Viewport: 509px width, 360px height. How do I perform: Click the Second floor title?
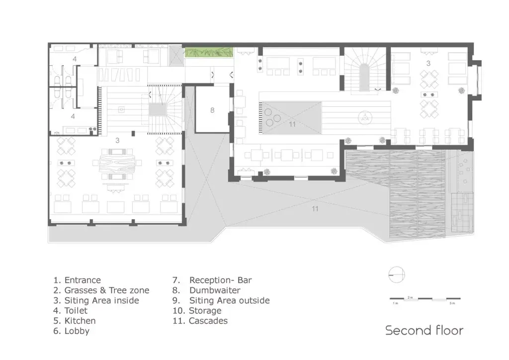(x=424, y=331)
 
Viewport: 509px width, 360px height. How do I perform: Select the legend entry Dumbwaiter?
(x=206, y=290)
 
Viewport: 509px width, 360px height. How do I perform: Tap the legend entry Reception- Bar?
(x=212, y=280)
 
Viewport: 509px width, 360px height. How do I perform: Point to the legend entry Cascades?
(x=200, y=321)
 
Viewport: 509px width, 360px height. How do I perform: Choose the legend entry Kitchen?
(x=75, y=321)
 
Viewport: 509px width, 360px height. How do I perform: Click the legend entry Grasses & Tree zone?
(x=101, y=290)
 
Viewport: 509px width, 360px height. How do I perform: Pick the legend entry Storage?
(x=197, y=311)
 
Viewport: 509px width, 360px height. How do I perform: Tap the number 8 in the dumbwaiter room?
(x=212, y=110)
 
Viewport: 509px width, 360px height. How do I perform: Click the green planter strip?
(x=209, y=52)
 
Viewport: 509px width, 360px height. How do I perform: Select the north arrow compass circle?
(x=397, y=275)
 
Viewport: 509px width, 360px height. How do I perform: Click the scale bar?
(x=425, y=298)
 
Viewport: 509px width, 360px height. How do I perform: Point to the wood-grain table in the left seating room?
(x=117, y=165)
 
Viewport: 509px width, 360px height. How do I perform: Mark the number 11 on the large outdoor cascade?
(x=315, y=209)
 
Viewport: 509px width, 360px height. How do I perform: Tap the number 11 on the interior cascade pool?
(x=292, y=124)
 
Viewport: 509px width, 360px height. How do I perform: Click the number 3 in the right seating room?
(x=428, y=63)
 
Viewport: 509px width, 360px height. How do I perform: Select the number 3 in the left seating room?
(x=117, y=140)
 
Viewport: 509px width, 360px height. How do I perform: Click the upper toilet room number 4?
(x=75, y=59)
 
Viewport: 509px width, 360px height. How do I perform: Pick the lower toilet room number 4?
(x=73, y=116)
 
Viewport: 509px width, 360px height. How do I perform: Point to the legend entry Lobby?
(x=72, y=331)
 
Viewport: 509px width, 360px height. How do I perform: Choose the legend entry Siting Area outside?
(x=221, y=301)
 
